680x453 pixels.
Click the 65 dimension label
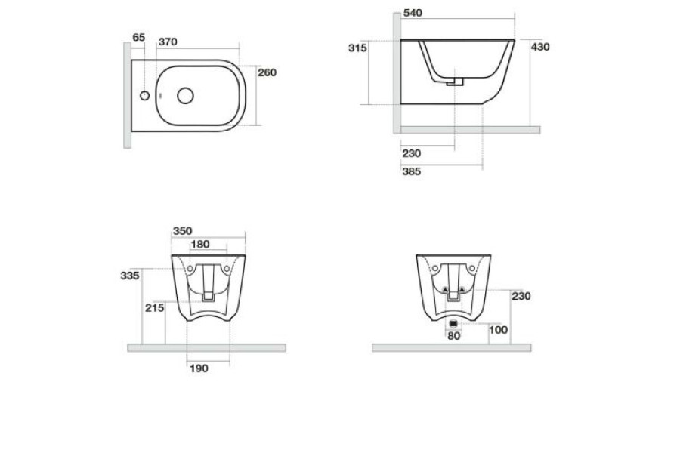pos(139,38)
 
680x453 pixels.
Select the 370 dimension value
pos(168,42)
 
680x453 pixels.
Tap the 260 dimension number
pos(267,72)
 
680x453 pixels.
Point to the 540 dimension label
pos(413,13)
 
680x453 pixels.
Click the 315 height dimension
pos(357,48)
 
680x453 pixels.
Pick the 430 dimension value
pos(540,47)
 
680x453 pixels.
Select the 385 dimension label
pos(412,171)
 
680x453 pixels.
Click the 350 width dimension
pos(183,231)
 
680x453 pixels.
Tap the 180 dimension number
pos(200,245)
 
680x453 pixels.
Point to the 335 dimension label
pos(130,276)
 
